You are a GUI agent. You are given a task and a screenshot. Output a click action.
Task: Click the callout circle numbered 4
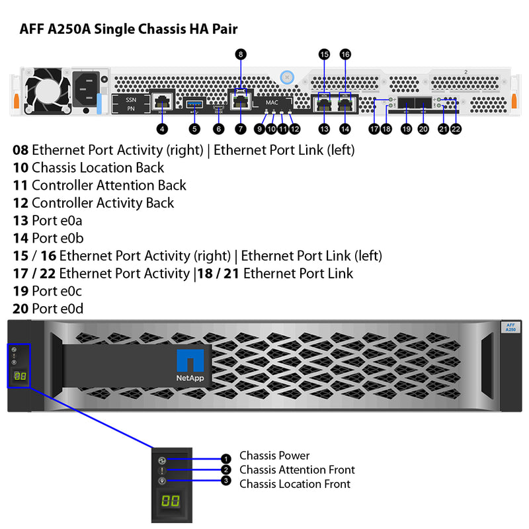tap(161, 129)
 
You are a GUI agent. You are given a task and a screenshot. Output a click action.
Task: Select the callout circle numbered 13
tap(323, 129)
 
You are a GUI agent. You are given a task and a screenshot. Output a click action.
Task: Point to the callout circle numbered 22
tap(456, 129)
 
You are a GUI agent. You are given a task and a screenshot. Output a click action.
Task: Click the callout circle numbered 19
tap(406, 129)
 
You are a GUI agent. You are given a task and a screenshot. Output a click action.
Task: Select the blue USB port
tap(194, 103)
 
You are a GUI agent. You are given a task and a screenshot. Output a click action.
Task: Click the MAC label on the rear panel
tap(272, 103)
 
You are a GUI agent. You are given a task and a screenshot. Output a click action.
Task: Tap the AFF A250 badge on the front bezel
tap(510, 328)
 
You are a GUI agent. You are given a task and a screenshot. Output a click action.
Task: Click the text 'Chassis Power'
tap(274, 456)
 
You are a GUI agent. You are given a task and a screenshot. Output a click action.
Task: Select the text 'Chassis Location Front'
tap(294, 484)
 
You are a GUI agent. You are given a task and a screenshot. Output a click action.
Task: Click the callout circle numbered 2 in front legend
tap(226, 470)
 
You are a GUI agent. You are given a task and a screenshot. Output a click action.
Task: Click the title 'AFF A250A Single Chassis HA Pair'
tap(128, 29)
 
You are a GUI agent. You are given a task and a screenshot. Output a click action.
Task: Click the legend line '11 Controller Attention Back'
tap(99, 186)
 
